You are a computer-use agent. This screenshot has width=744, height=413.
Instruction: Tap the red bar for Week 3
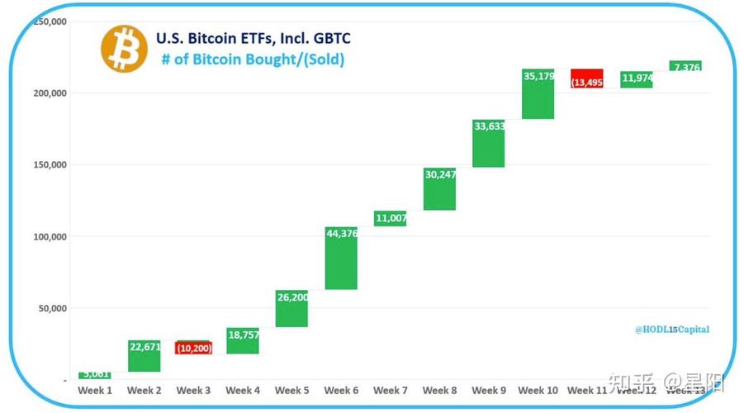point(193,348)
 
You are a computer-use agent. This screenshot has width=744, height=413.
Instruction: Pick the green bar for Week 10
point(538,94)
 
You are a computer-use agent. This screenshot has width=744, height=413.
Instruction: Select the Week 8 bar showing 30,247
point(439,189)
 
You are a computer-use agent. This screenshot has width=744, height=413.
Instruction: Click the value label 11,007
point(390,218)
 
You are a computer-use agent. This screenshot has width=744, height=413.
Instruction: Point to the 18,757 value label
point(243,334)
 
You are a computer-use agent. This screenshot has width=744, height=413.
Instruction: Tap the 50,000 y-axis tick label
point(54,308)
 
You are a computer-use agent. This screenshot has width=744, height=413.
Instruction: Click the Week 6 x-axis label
point(341,390)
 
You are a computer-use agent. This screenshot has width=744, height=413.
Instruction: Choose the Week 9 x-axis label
point(489,390)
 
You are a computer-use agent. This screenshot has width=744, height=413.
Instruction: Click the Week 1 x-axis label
point(95,390)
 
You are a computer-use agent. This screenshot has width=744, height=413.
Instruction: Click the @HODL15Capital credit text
point(671,329)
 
